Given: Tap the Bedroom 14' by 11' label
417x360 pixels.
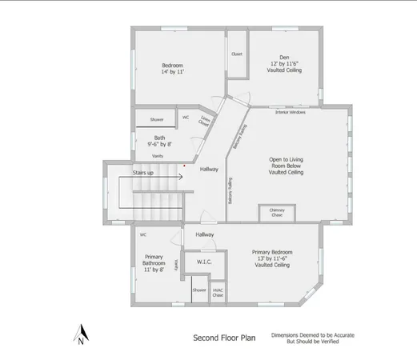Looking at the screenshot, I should click(173, 69).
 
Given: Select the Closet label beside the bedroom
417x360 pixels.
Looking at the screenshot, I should click(237, 54).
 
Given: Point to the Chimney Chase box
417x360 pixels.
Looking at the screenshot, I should click(277, 213).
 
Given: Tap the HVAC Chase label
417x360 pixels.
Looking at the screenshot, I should click(218, 293).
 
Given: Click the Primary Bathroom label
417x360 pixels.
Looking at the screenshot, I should click(154, 263).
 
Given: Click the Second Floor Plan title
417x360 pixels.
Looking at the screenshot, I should click(224, 338).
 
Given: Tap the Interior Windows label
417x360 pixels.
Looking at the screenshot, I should click(291, 113).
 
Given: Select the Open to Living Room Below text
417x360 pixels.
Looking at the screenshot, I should click(286, 166).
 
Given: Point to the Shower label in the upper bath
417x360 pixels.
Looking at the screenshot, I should click(157, 119).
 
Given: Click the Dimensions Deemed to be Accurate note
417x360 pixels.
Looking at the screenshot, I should click(313, 338).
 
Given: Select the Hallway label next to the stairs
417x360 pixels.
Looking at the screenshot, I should click(209, 169).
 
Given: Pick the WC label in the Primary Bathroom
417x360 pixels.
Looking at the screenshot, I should click(142, 235).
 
